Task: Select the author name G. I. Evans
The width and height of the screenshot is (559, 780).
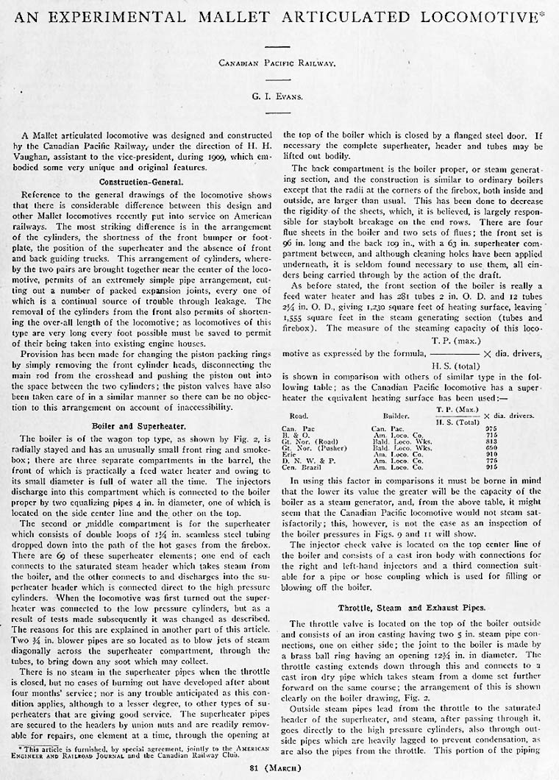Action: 278,93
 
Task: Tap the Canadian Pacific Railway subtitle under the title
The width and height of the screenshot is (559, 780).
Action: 277,63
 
